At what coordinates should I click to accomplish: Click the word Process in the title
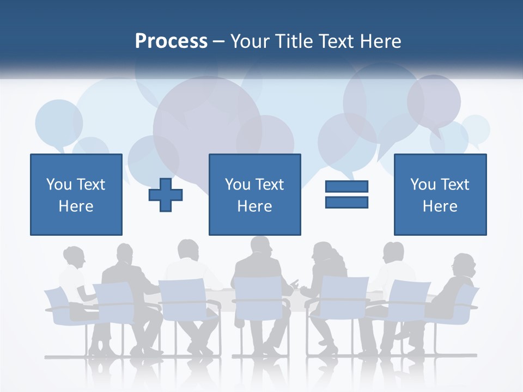[171, 41]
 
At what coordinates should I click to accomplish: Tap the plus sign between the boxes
[166, 194]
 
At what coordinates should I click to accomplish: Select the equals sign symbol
[346, 194]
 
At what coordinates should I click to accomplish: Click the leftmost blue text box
[76, 194]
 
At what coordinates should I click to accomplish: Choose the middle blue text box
[254, 194]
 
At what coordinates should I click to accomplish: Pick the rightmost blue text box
[440, 194]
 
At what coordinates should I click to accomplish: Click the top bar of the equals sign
[346, 187]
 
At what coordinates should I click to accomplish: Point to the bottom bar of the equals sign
[346, 202]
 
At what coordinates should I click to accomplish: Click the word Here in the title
[380, 41]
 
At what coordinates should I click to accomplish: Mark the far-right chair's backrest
[466, 303]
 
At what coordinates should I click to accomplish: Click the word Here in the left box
[76, 206]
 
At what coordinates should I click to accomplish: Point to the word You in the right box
[423, 185]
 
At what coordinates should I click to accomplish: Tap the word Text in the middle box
[270, 185]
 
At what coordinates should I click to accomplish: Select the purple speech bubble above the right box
[434, 101]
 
